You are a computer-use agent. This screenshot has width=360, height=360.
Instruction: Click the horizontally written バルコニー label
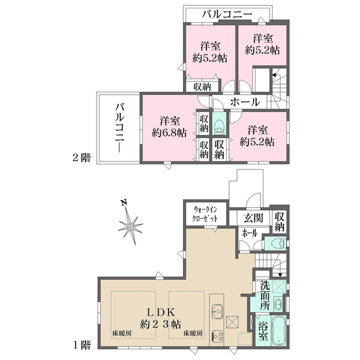pyautogui.click(x=227, y=13)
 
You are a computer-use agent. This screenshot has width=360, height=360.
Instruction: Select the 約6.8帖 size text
pyautogui.click(x=169, y=133)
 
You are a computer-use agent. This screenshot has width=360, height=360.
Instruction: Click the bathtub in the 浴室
pyautogui.click(x=279, y=332)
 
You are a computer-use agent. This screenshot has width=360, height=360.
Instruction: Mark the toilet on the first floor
pyautogui.click(x=276, y=243)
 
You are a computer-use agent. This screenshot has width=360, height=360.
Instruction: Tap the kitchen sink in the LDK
pyautogui.click(x=217, y=312)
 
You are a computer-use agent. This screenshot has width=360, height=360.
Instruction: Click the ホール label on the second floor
pyautogui.click(x=245, y=102)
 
